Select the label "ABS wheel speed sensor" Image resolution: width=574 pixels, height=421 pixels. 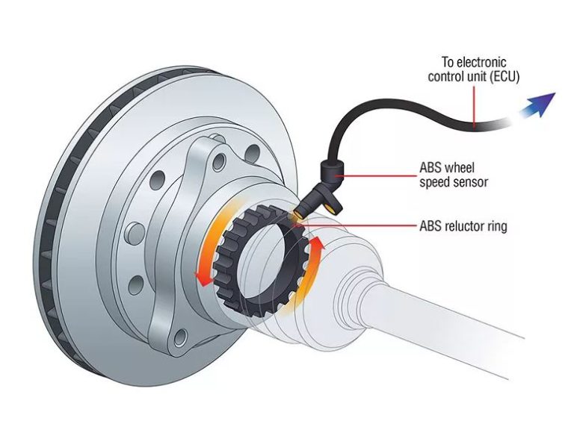(453, 175)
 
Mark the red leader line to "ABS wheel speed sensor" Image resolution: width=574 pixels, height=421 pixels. (377, 175)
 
